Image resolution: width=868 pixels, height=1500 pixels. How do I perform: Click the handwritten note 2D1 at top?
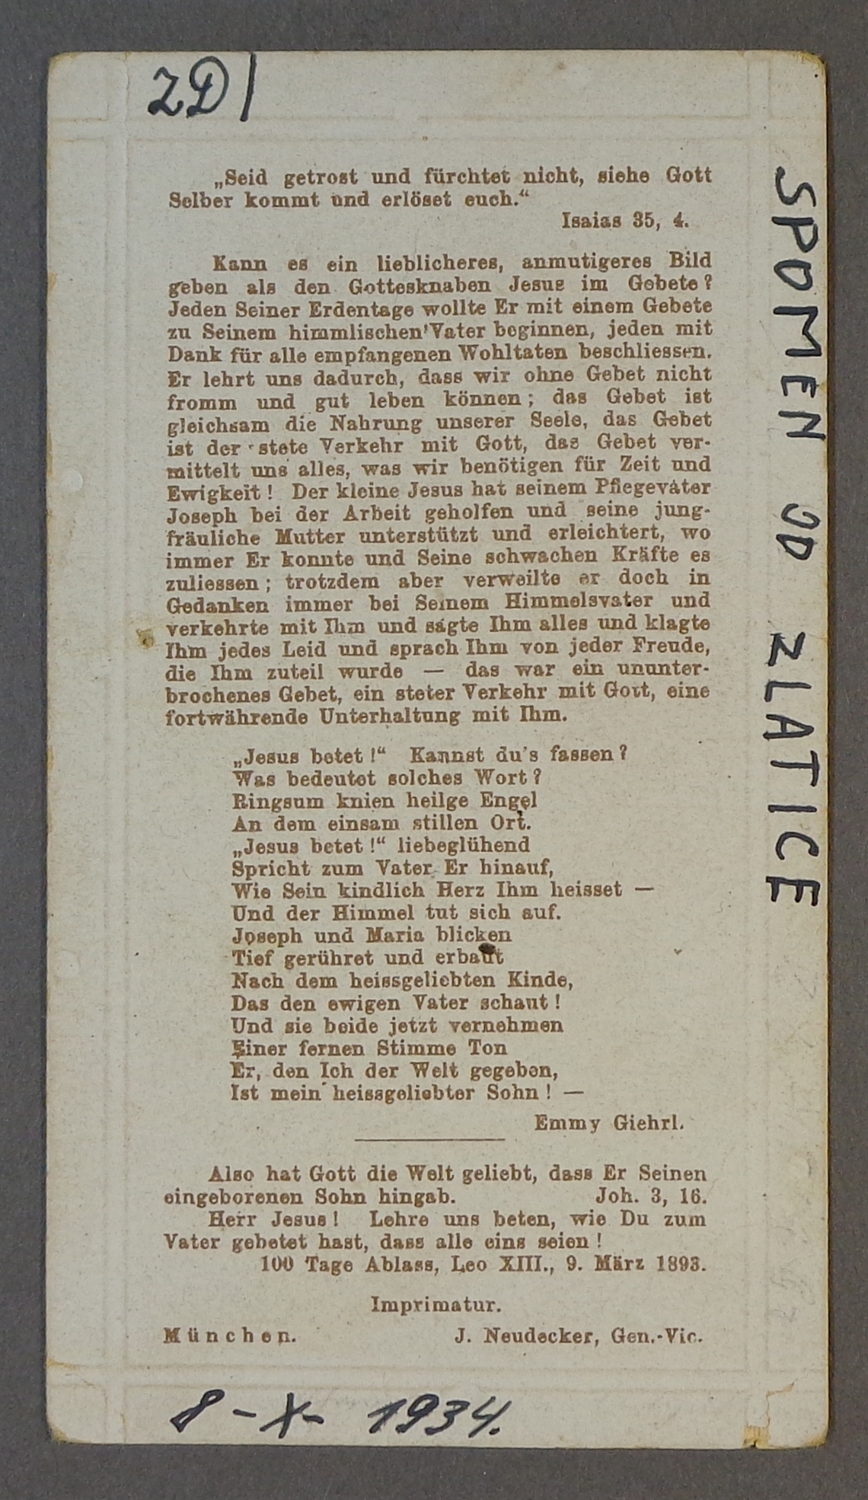[x=203, y=90]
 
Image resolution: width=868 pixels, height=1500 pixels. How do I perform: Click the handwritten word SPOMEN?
[x=797, y=305]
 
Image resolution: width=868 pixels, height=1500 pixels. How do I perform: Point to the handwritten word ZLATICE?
[x=793, y=769]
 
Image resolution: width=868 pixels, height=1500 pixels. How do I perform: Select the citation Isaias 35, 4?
[x=625, y=221]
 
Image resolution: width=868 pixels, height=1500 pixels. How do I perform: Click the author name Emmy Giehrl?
[x=608, y=1122]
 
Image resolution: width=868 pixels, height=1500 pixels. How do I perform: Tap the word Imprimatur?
[x=436, y=1305]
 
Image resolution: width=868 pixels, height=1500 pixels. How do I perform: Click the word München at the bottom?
[x=230, y=1336]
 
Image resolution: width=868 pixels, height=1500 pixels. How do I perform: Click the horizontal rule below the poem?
[x=429, y=1139]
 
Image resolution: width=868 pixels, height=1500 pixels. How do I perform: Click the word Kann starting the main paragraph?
[x=240, y=263]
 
